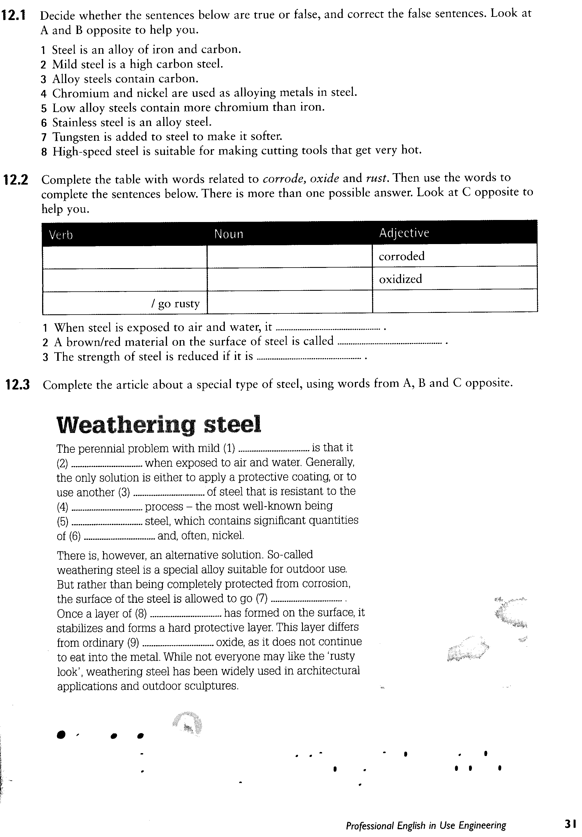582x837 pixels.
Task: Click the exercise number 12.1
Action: pyautogui.click(x=14, y=15)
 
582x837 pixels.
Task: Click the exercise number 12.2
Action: pyautogui.click(x=16, y=180)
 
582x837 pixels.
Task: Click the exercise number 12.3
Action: pyautogui.click(x=17, y=385)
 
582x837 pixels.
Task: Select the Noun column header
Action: pyautogui.click(x=229, y=234)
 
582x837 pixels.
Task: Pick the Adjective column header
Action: pyautogui.click(x=404, y=233)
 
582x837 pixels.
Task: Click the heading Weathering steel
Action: pyautogui.click(x=159, y=425)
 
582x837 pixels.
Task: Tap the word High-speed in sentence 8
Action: pyautogui.click(x=82, y=151)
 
